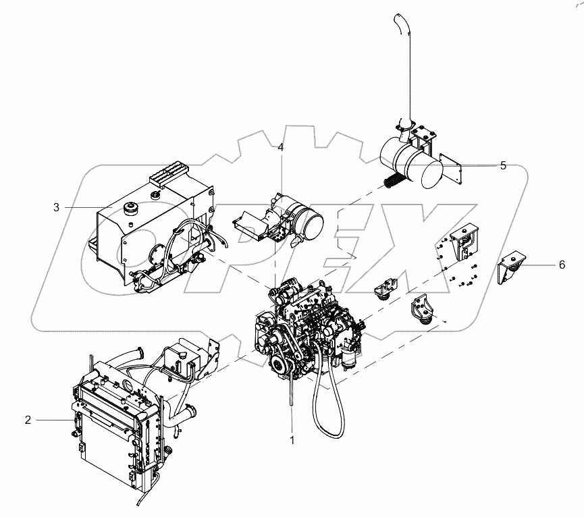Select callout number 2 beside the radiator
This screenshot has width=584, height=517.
click(28, 420)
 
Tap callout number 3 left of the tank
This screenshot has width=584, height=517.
click(57, 207)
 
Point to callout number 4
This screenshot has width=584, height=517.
click(280, 147)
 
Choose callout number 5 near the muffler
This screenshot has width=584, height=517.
click(502, 166)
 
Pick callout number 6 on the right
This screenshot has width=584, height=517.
click(562, 265)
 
